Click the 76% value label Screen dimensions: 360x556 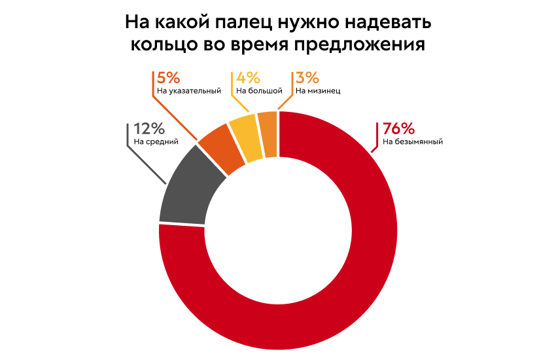click(398, 129)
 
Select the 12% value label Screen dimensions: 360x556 click(148, 128)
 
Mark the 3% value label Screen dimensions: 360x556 click(308, 79)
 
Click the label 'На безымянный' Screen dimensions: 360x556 click(413, 141)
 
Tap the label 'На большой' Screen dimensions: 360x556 click(259, 91)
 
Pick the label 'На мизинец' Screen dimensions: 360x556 click(318, 91)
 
